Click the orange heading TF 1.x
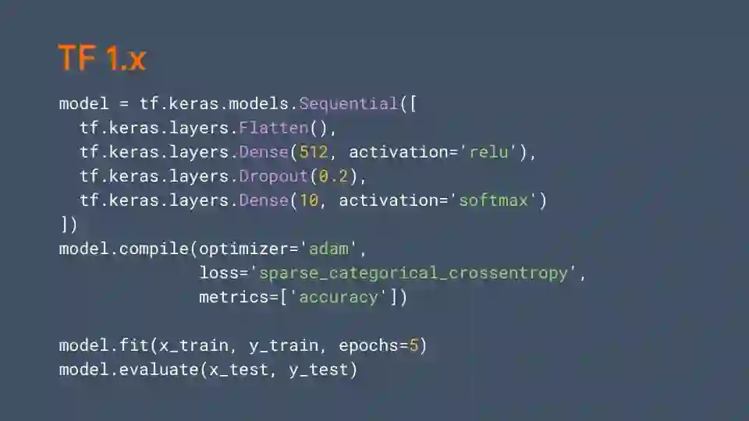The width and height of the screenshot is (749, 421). tap(101, 58)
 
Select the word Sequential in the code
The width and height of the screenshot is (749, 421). tap(349, 104)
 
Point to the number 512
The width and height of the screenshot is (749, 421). tap(314, 152)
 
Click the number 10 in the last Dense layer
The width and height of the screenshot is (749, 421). tap(309, 200)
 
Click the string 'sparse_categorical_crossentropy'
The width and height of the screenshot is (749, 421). tap(414, 273)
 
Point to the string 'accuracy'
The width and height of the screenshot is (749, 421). tap(339, 297)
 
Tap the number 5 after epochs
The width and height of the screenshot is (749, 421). tap(414, 345)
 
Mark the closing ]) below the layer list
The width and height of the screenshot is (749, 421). tap(69, 225)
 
